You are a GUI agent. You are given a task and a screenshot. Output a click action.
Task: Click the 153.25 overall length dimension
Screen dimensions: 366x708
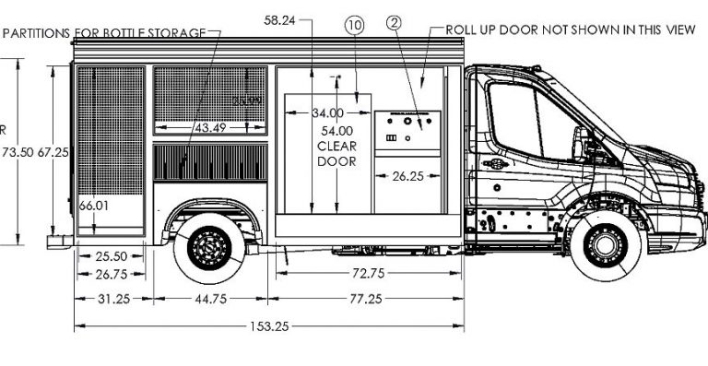[270, 326]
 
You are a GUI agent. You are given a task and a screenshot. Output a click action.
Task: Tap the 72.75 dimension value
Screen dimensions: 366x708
[367, 273]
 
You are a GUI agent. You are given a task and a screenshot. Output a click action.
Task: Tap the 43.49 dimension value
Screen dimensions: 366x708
[209, 127]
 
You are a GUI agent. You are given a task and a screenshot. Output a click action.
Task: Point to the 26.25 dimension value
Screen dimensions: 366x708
[407, 174]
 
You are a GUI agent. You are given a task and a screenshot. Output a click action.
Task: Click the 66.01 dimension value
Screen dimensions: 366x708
[94, 206]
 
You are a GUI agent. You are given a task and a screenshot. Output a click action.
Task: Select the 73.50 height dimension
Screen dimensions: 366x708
[18, 151]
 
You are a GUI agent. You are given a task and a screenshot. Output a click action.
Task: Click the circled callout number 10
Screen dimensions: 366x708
[355, 26]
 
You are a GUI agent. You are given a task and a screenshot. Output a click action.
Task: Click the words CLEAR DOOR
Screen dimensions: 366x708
[336, 153]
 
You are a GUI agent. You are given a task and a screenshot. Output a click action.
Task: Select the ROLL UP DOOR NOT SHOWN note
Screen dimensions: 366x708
[570, 30]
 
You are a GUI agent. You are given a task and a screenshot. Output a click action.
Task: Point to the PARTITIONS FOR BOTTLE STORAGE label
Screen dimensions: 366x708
[104, 33]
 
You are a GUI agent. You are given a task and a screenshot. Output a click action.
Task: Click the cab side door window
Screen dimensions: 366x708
[525, 120]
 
